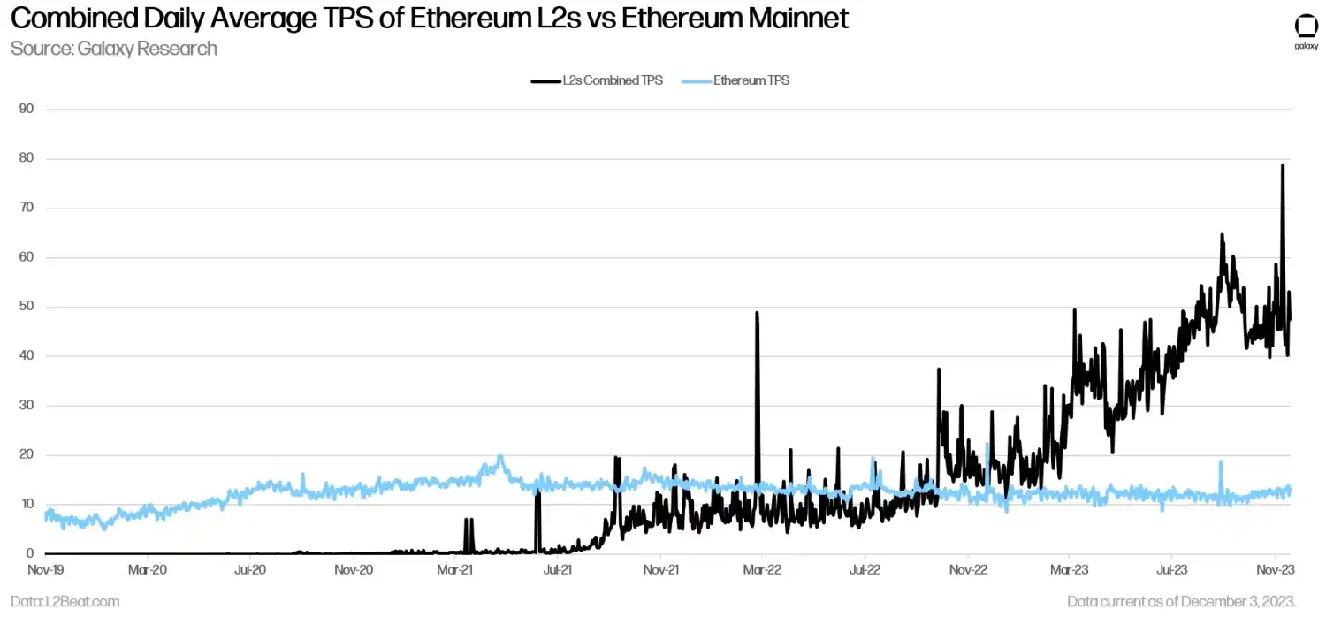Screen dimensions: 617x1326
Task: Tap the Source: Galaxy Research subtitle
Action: pyautogui.click(x=113, y=48)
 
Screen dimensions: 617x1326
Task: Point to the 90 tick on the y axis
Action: pyautogui.click(x=27, y=109)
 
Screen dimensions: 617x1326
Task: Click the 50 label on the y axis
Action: pyautogui.click(x=27, y=307)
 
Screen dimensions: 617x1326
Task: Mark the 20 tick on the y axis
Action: pyautogui.click(x=27, y=455)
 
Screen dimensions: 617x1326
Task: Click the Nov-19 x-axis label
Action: pyautogui.click(x=45, y=571)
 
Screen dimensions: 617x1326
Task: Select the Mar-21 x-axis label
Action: pyautogui.click(x=455, y=571)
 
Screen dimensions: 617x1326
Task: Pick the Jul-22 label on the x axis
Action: pyautogui.click(x=865, y=571)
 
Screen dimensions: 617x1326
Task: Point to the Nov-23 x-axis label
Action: pyautogui.click(x=1276, y=571)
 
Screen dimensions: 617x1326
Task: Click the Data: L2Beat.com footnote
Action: pyautogui.click(x=65, y=602)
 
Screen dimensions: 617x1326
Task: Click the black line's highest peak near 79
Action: pyautogui.click(x=1283, y=165)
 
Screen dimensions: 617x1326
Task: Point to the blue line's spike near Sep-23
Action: pyautogui.click(x=1221, y=461)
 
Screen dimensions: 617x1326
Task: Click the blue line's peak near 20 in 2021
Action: pyautogui.click(x=499, y=457)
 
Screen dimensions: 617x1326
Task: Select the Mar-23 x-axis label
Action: pyautogui.click(x=1070, y=571)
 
